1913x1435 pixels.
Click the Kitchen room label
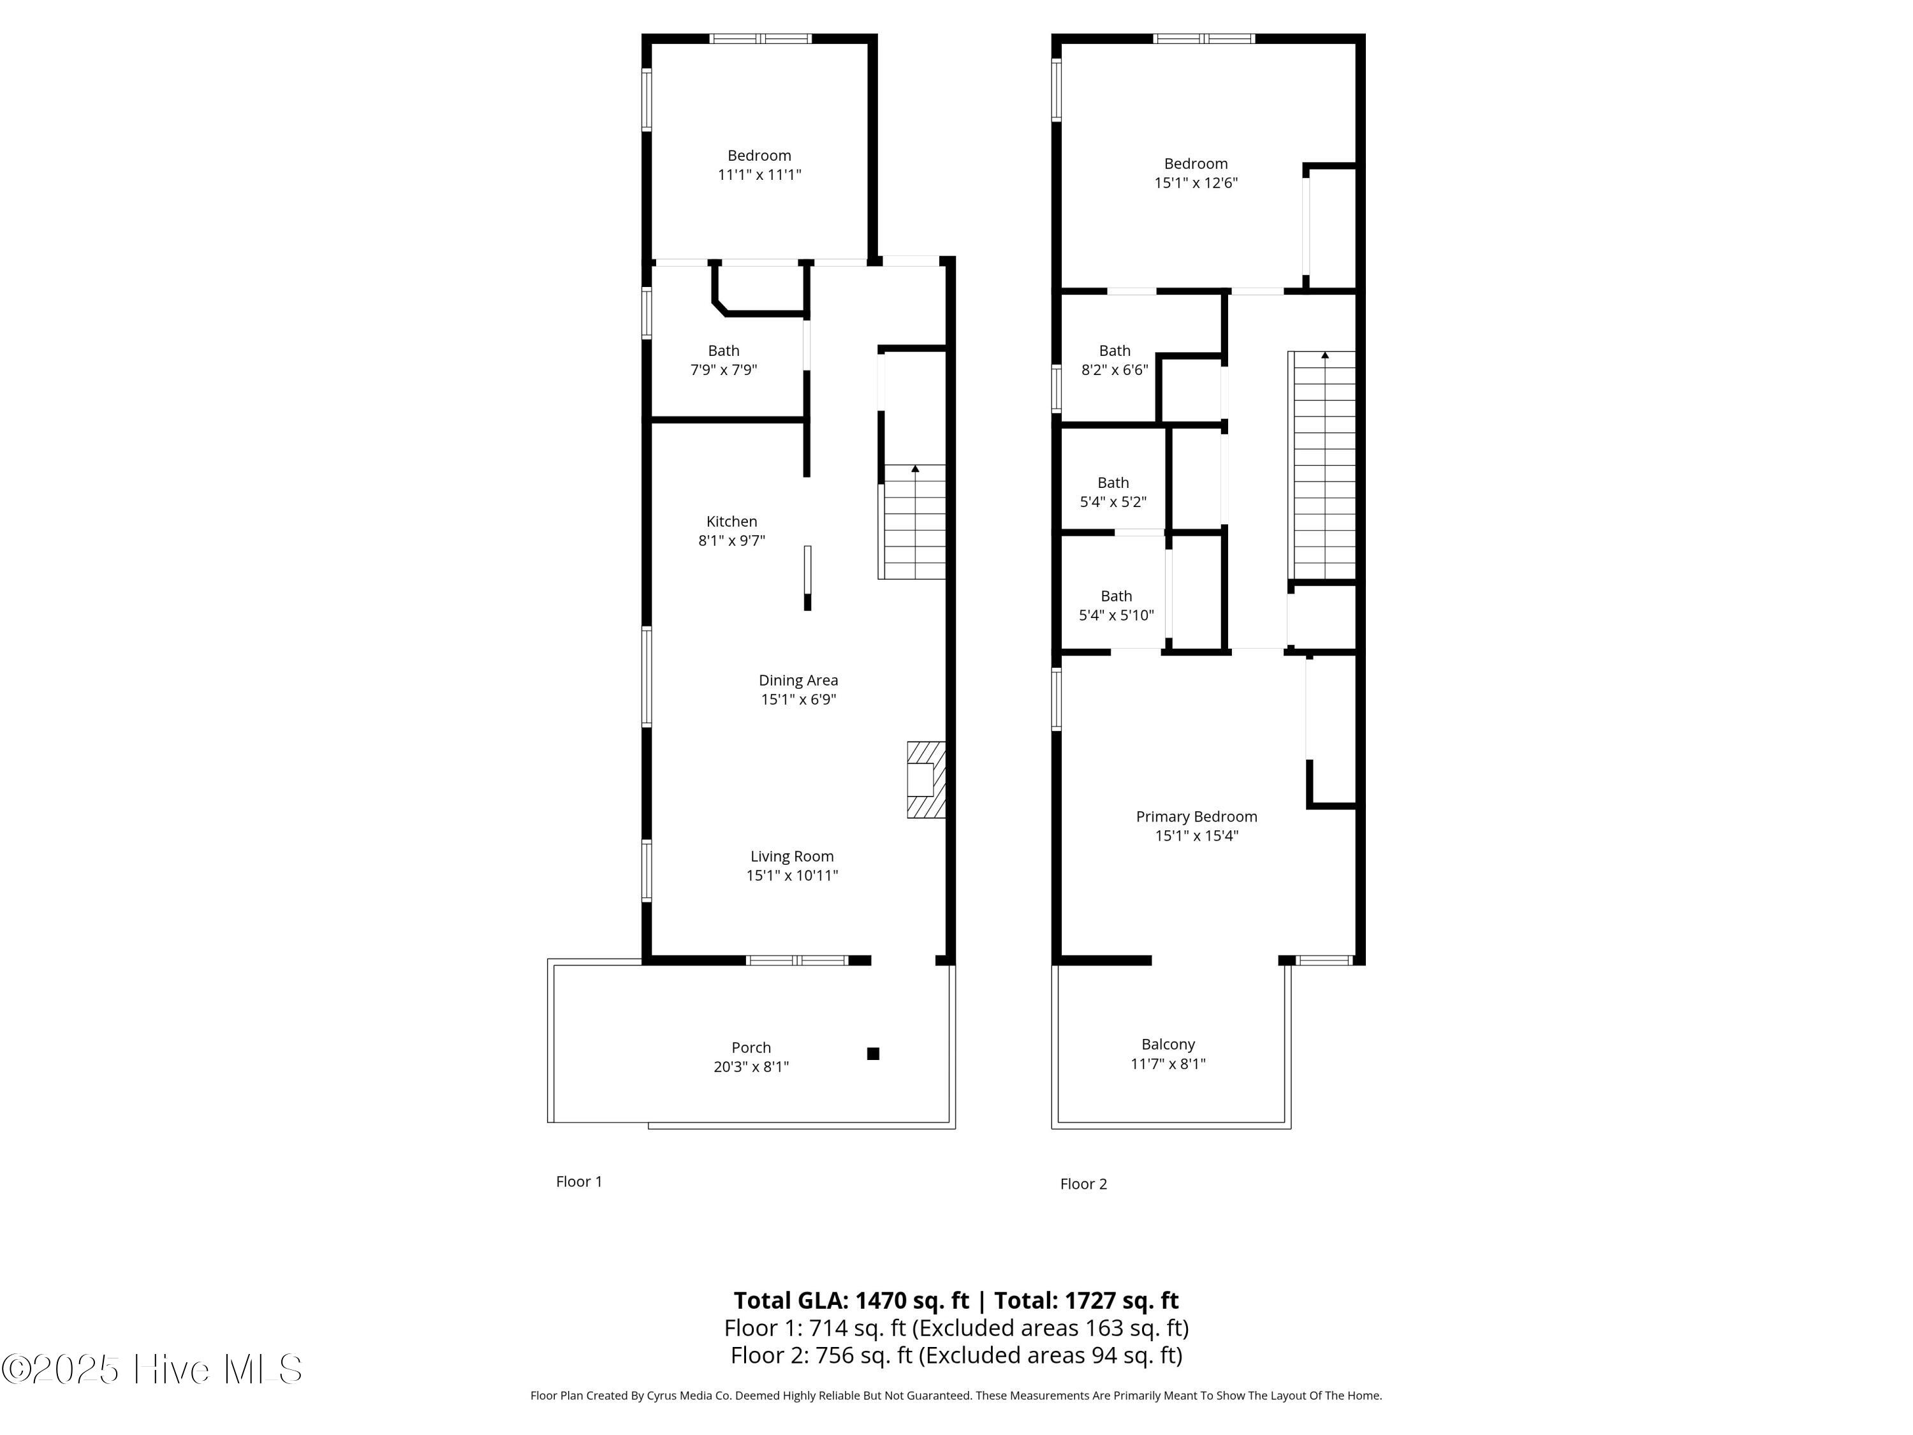pos(731,522)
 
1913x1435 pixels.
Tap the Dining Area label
pos(798,681)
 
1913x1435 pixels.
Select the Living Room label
pos(792,857)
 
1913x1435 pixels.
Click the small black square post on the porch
pos(874,1054)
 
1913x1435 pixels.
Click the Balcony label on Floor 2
pos(1168,1045)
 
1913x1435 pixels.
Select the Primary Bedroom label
pos(1197,816)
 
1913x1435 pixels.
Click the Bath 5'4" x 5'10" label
pos(1117,605)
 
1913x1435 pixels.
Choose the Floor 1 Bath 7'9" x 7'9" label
pos(724,360)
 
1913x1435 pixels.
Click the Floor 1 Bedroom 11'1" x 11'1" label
pos(759,165)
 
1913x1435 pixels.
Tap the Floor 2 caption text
pos(1083,1184)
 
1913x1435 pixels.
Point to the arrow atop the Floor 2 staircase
pos(1325,355)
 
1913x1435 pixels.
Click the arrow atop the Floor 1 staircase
pos(915,469)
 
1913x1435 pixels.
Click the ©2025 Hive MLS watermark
pos(152,1369)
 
